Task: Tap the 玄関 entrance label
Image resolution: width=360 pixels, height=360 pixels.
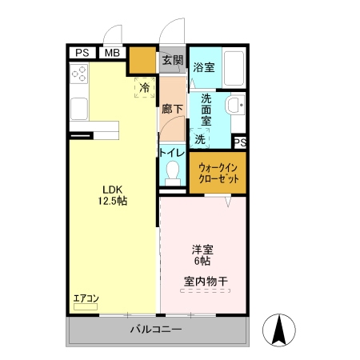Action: (172, 60)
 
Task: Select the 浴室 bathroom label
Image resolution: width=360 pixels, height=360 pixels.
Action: (204, 68)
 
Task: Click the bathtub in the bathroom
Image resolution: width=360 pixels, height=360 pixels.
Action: (234, 70)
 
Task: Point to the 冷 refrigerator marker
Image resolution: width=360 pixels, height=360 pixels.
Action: (145, 87)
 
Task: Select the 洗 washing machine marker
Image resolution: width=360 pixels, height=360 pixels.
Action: (200, 138)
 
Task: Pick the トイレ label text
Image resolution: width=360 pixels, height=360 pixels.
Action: (172, 153)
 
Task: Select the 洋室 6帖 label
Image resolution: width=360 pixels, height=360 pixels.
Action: (201, 254)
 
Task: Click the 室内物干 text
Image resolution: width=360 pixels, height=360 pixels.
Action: (206, 281)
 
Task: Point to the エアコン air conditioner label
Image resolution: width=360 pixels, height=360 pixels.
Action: (86, 298)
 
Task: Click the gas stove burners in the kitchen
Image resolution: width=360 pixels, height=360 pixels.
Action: (80, 75)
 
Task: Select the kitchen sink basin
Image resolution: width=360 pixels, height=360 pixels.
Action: (81, 108)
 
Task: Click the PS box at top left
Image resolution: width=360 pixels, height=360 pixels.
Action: (82, 53)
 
